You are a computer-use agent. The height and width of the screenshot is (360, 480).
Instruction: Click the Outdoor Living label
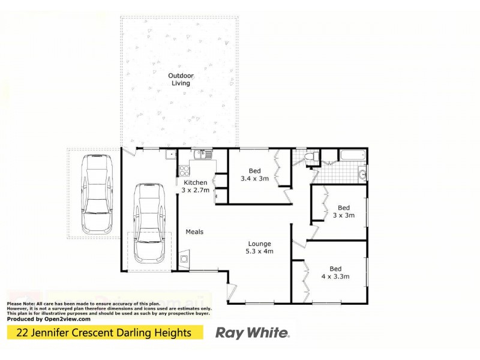(x=179, y=79)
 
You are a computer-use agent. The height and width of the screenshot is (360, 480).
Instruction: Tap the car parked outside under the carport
(x=97, y=193)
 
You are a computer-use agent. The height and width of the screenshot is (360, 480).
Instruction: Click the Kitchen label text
(x=195, y=182)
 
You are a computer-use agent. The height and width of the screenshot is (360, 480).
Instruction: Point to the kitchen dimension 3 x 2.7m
(x=195, y=190)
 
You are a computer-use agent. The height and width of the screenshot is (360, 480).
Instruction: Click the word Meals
(x=194, y=232)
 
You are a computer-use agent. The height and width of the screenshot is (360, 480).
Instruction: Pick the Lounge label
(x=260, y=244)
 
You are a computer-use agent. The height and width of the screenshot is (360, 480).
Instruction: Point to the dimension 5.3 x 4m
(x=260, y=251)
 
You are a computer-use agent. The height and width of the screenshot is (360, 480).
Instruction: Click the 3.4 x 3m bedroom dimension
(x=254, y=179)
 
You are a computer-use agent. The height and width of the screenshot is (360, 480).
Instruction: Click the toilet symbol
(x=310, y=158)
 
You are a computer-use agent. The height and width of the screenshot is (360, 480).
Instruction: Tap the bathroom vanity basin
(x=362, y=175)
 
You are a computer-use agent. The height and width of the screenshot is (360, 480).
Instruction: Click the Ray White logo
(x=253, y=332)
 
